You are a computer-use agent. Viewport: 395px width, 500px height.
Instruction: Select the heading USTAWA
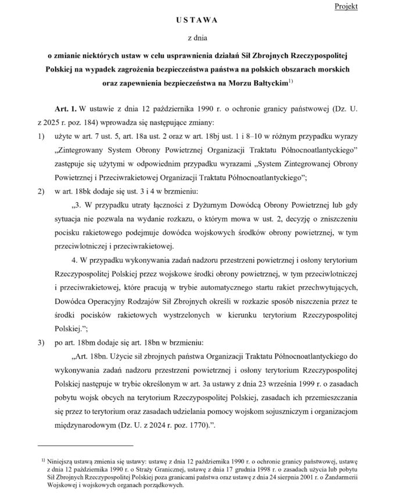click(x=197, y=20)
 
